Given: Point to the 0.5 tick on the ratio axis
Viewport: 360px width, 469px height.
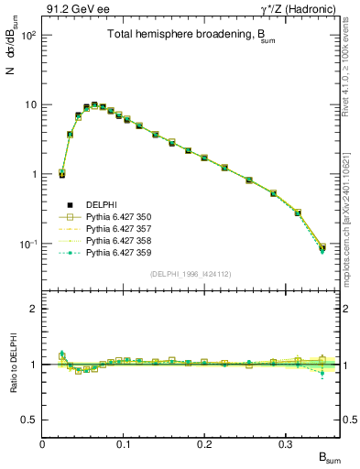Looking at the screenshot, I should click(30, 420).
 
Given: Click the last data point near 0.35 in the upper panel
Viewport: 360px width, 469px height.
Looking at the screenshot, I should click(322, 247).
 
